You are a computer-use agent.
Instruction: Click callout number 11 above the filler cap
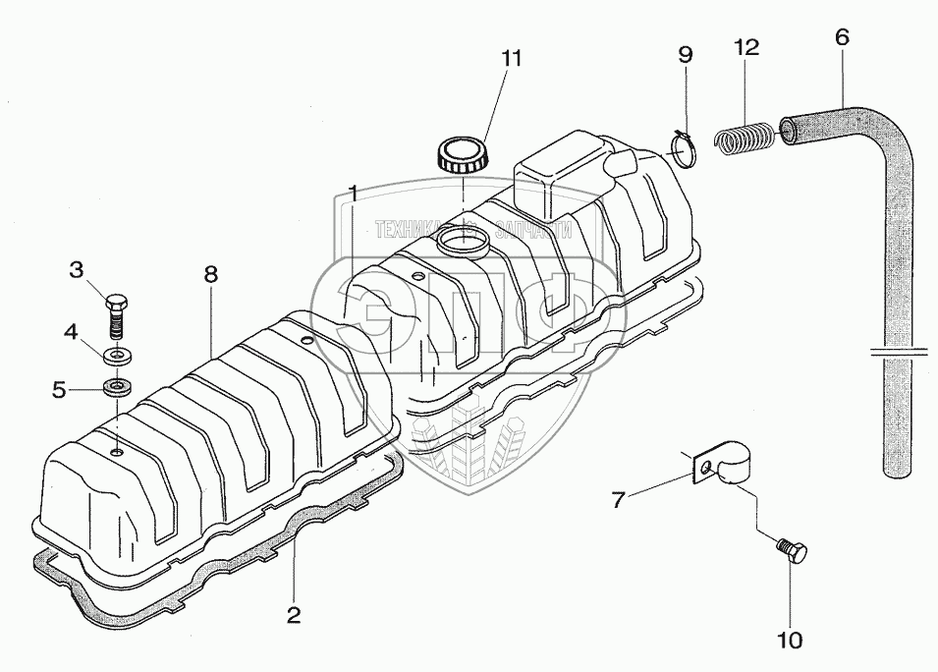pyautogui.click(x=508, y=59)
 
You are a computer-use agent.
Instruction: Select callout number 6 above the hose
pyautogui.click(x=842, y=36)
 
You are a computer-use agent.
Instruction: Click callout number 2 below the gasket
pyautogui.click(x=294, y=616)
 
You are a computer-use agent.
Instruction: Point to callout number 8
pyautogui.click(x=211, y=276)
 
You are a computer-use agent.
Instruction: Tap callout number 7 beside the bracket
pyautogui.click(x=618, y=499)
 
